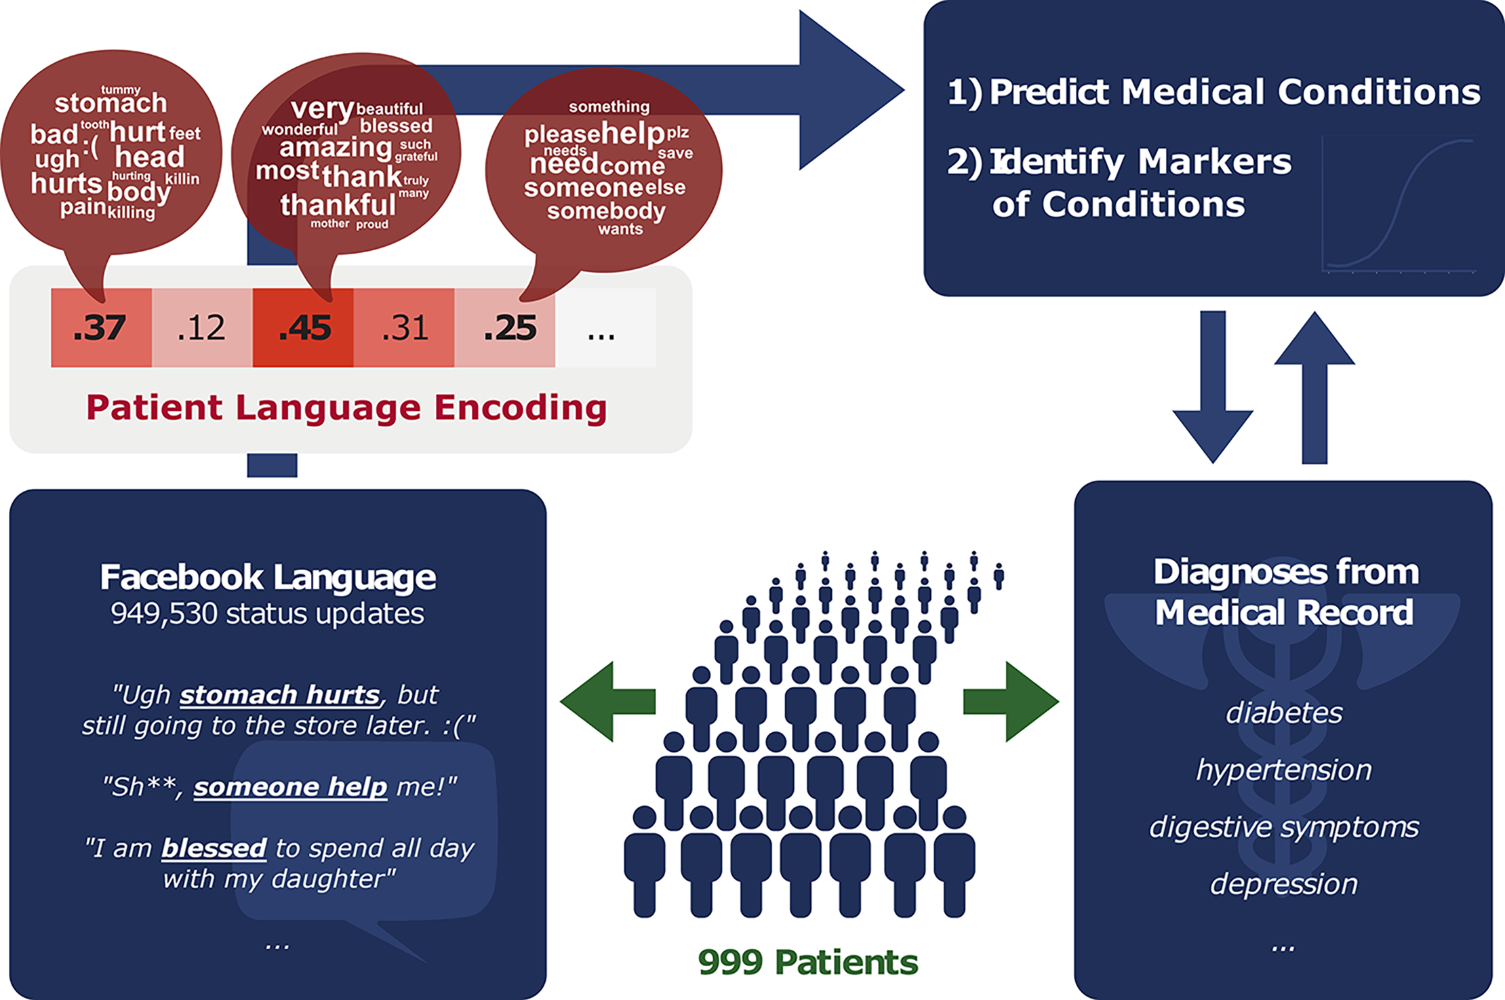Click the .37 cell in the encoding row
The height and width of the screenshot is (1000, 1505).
point(100,328)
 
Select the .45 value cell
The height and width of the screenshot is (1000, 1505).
point(303,328)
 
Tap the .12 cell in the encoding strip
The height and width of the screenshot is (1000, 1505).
point(201,328)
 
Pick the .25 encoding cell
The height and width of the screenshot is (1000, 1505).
point(505,328)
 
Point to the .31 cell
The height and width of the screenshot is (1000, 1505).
point(404,328)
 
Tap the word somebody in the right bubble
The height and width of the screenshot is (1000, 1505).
point(606,212)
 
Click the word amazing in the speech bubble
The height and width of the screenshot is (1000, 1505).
point(336,148)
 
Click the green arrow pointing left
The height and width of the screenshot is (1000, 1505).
point(607,702)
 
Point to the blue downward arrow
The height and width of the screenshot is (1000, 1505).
point(1213,386)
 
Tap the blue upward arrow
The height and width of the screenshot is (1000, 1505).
point(1315,386)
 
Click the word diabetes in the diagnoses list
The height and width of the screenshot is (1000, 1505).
point(1284,713)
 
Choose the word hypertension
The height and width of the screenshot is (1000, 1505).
point(1284,770)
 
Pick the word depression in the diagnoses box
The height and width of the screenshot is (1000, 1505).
point(1284,884)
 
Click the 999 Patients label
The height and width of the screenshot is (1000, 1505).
point(808,962)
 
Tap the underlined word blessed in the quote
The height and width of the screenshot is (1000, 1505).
point(214,848)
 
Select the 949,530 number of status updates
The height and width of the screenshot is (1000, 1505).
point(164,614)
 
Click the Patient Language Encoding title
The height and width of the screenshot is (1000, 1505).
point(346,408)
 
